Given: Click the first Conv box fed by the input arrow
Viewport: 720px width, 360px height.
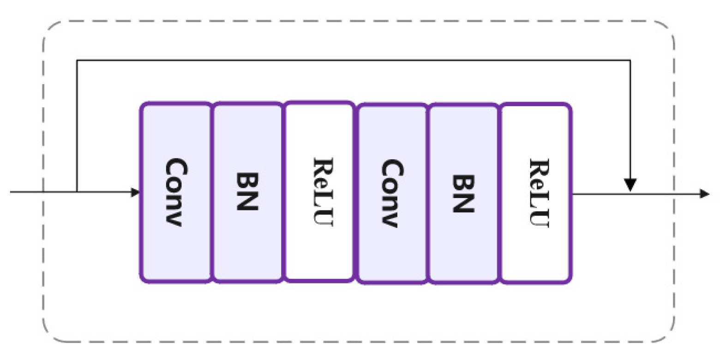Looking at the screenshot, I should pyautogui.click(x=176, y=192).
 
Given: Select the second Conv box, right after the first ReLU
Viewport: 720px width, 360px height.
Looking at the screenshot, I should pyautogui.click(x=393, y=192).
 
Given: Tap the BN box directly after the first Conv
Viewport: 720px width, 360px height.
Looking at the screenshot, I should pyautogui.click(x=247, y=192).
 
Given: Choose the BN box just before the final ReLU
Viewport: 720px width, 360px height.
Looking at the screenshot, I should pyautogui.click(x=464, y=192).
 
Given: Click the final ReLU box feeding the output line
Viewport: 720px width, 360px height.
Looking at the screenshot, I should pyautogui.click(x=536, y=192).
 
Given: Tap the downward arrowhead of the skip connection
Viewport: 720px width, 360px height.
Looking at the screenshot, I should pyautogui.click(x=630, y=185).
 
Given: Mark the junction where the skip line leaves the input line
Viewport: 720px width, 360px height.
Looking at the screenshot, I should pyautogui.click(x=77, y=192).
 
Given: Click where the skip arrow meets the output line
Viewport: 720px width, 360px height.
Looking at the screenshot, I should pyautogui.click(x=630, y=194).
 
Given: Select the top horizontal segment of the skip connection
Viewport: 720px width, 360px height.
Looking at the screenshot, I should pyautogui.click(x=351, y=60).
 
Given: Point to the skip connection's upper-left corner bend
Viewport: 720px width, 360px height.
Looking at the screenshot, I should pyautogui.click(x=77, y=60).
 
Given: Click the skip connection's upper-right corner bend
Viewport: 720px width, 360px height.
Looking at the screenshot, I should pyautogui.click(x=630, y=60).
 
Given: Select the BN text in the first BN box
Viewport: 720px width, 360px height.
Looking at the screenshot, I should pyautogui.click(x=247, y=191).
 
